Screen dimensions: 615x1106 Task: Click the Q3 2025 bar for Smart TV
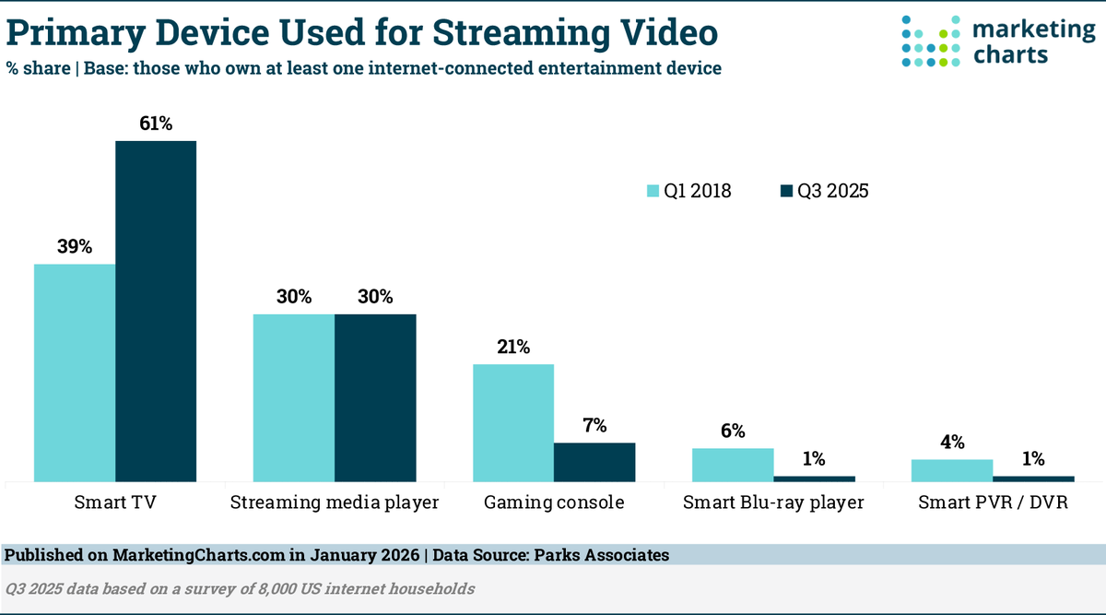coord(156,311)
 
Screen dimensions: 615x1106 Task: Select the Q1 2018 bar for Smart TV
coord(75,373)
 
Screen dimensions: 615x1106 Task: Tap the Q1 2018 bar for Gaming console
coord(513,422)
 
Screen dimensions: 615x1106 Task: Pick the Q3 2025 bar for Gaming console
coord(594,462)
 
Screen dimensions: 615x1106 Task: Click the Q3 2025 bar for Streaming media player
coord(375,397)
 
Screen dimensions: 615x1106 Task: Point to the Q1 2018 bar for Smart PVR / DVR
coord(952,470)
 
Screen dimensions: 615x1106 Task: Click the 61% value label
coord(156,124)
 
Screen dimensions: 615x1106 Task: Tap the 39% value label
coord(75,247)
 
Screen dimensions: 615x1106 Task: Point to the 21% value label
coord(513,348)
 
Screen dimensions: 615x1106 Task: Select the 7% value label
coord(594,426)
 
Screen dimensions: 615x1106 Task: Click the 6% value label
coord(733,432)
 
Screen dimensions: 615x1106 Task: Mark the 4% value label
coord(952,443)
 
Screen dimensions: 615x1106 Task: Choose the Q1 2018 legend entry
coord(688,191)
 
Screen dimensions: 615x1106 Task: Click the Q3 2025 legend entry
coord(824,191)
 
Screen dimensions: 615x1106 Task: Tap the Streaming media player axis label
coord(335,503)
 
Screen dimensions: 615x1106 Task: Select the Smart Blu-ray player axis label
coord(773,503)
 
